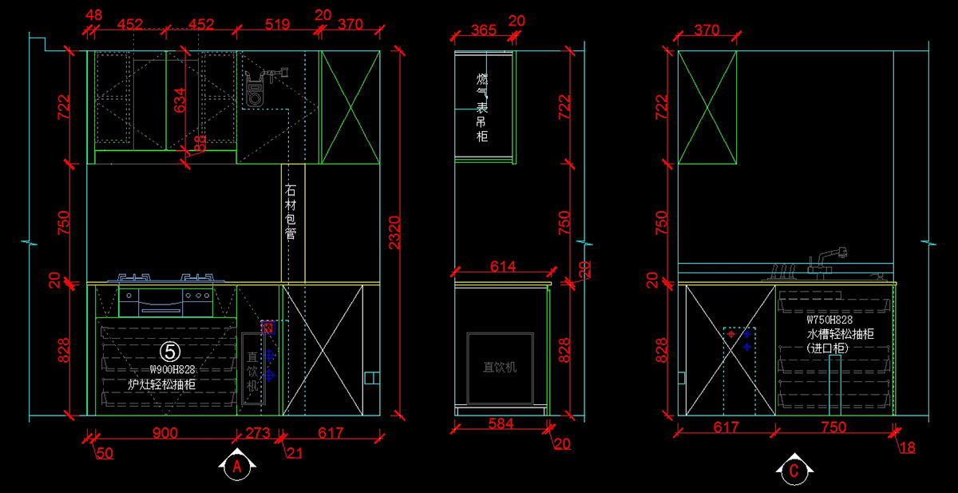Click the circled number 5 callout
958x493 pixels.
[170, 351]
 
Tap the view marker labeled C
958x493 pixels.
[794, 471]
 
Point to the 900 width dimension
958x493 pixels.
[164, 433]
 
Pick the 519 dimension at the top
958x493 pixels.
[276, 25]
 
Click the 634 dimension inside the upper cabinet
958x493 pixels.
[180, 100]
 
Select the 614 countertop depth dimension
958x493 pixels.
[497, 266]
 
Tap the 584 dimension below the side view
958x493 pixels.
[500, 423]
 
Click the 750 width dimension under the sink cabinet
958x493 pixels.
[833, 427]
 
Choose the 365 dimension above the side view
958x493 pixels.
[483, 30]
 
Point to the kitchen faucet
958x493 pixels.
[825, 260]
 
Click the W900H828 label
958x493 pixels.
[172, 370]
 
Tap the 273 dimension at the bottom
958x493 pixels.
[257, 433]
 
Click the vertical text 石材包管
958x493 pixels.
[291, 212]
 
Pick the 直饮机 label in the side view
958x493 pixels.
[500, 368]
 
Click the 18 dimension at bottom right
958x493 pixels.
[907, 447]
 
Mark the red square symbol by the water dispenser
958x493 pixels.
[268, 327]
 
